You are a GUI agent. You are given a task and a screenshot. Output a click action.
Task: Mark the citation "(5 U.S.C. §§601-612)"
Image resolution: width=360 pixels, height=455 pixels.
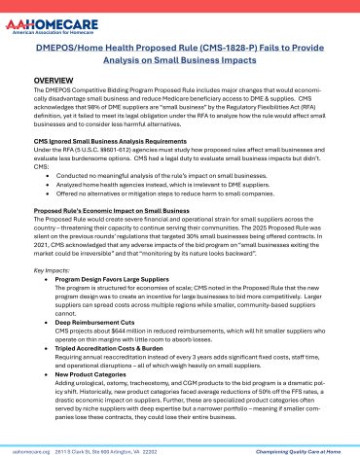coord(100,151)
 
